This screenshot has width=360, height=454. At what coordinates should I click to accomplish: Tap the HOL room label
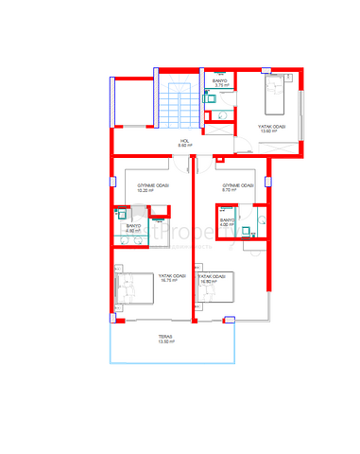186,140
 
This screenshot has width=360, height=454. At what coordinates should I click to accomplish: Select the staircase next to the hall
177,105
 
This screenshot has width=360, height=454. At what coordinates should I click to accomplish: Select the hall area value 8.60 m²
186,145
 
